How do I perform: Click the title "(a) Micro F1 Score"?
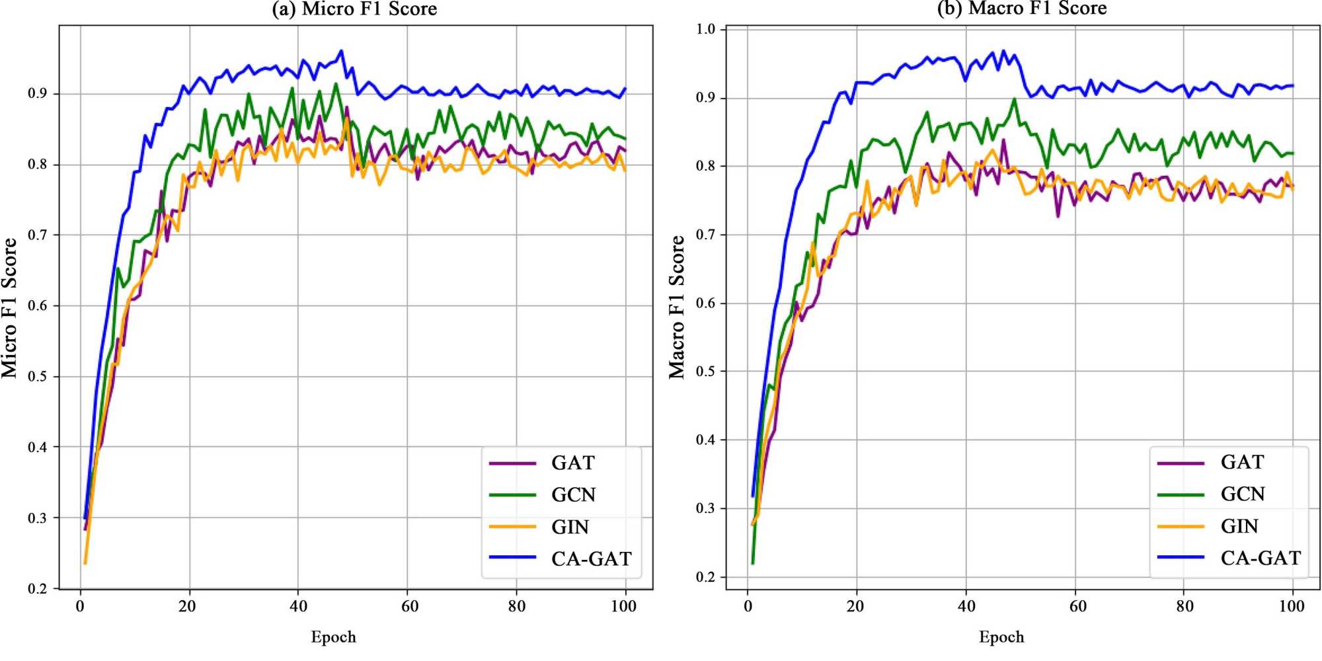click(x=354, y=9)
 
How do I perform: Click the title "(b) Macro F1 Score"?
click(x=1022, y=9)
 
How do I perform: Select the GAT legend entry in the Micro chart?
click(x=572, y=463)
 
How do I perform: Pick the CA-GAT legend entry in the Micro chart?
click(x=591, y=559)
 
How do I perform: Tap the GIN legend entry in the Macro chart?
click(x=1239, y=526)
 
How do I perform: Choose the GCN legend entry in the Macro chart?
click(x=1242, y=494)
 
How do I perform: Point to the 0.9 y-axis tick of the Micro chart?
click(x=38, y=94)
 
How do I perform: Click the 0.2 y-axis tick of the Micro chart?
click(x=38, y=588)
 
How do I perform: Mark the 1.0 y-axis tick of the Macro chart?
click(x=706, y=29)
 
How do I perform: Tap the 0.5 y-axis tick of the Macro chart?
click(x=706, y=371)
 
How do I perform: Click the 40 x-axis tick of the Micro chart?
click(x=298, y=606)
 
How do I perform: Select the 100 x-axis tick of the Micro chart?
click(x=623, y=606)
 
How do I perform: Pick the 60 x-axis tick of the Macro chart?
click(x=1077, y=606)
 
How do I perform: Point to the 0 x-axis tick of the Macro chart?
click(x=748, y=606)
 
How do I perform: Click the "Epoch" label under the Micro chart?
click(x=333, y=637)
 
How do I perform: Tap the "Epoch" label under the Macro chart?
click(x=1001, y=637)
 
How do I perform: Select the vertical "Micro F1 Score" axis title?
click(x=9, y=308)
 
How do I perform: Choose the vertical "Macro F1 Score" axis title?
click(x=677, y=307)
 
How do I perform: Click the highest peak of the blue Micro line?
click(x=341, y=50)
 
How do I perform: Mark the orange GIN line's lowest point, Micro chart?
click(x=85, y=563)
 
